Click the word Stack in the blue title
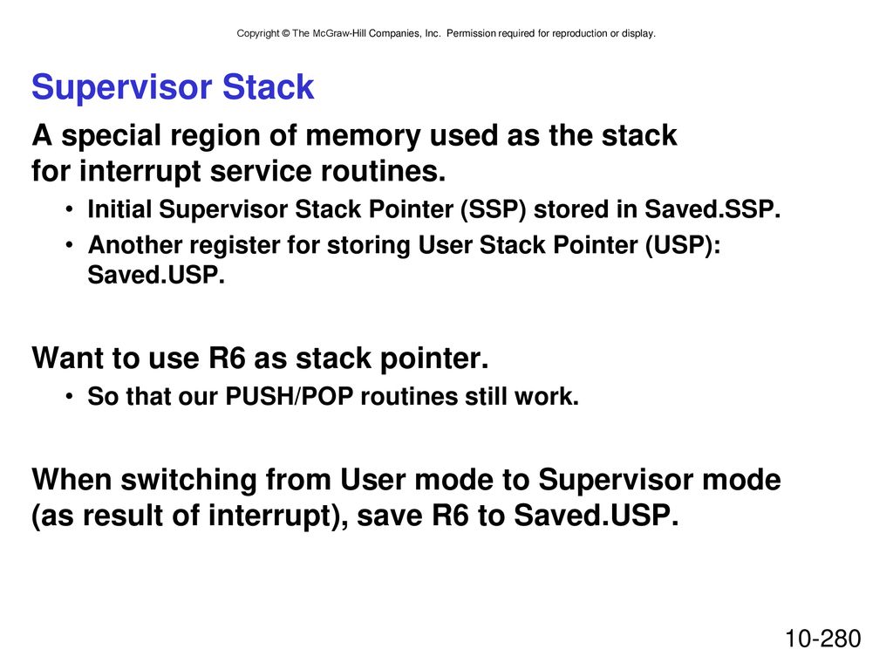[268, 87]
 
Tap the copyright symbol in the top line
[285, 34]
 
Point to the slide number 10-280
[823, 639]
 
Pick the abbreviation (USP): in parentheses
[683, 245]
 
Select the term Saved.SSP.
[712, 209]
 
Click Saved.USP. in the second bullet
[156, 275]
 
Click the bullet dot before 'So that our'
[69, 397]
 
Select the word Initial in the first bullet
[119, 209]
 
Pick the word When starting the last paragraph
[72, 480]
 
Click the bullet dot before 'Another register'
[69, 245]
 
